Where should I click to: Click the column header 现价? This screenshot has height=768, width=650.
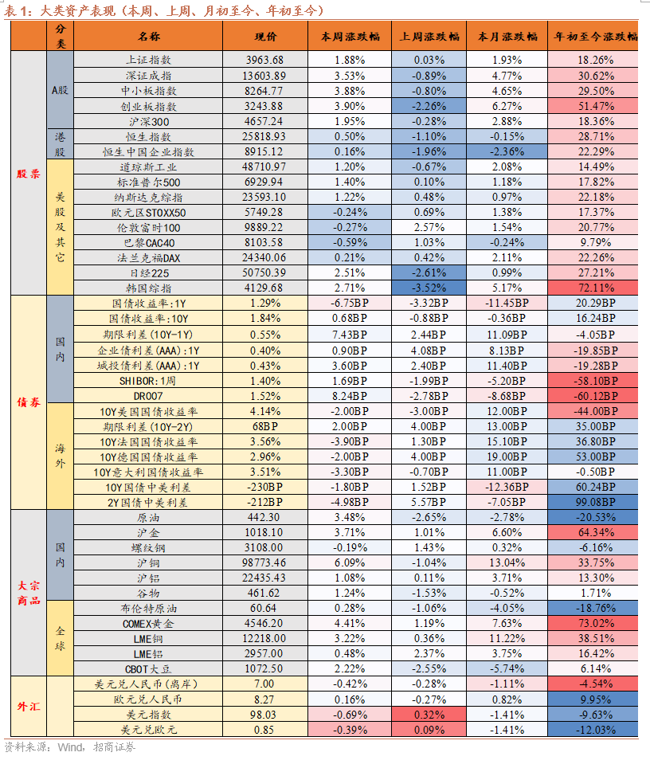click(x=265, y=37)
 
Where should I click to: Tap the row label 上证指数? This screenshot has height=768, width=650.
click(x=148, y=61)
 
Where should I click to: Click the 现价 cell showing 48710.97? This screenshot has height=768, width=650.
click(x=265, y=167)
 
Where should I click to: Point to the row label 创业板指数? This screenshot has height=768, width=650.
click(x=148, y=106)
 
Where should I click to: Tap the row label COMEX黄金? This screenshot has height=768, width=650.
click(x=148, y=623)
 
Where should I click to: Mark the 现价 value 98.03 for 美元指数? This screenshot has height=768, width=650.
click(x=265, y=715)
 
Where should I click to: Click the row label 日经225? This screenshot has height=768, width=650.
click(x=148, y=272)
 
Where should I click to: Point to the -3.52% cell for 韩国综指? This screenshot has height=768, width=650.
click(x=429, y=288)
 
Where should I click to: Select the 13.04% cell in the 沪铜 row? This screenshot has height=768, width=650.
click(x=507, y=562)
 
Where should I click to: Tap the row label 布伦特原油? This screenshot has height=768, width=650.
click(x=148, y=608)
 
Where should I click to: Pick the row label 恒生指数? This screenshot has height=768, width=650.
click(x=148, y=137)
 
